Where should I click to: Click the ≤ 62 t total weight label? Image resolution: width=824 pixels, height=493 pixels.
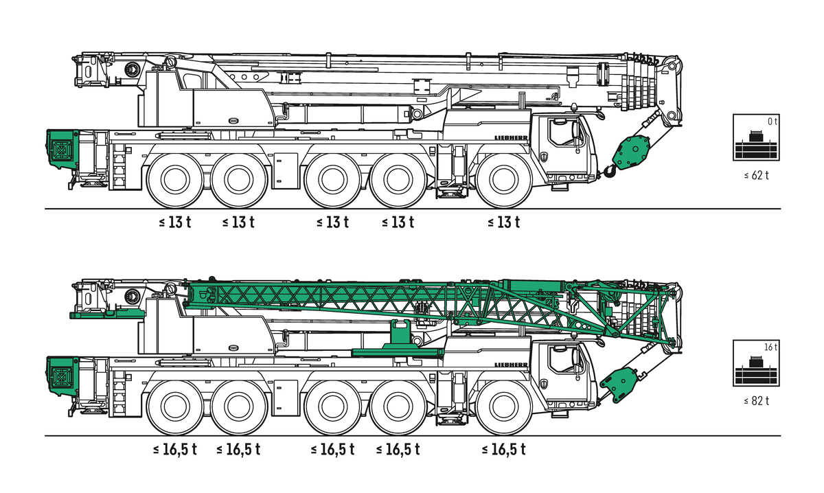(x=756, y=175)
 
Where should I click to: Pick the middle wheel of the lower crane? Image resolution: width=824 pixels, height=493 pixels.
(x=332, y=407)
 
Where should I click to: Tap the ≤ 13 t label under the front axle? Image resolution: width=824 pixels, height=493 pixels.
(x=503, y=222)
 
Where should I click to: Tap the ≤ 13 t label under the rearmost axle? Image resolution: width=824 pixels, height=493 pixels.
(x=174, y=222)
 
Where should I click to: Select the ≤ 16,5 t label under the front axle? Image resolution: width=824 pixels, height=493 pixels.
(x=503, y=450)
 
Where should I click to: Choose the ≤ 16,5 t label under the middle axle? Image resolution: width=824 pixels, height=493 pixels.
(x=332, y=450)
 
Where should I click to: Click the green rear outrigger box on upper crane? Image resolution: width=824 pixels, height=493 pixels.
(x=62, y=148)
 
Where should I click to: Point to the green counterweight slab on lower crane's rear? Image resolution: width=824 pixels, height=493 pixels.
(x=106, y=314)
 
